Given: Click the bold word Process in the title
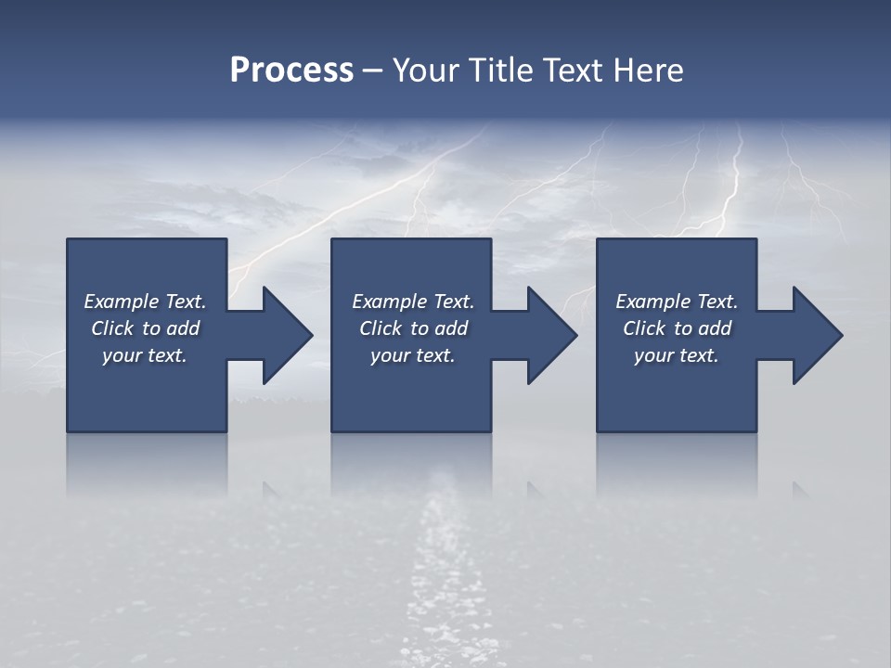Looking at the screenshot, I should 291,71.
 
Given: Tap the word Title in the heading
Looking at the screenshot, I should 501,71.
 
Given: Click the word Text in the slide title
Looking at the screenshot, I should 574,71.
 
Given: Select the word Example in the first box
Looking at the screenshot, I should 121,302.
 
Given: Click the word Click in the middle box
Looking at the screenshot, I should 380,328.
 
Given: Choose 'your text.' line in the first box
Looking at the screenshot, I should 145,355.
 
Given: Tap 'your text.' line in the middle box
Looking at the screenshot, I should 412,355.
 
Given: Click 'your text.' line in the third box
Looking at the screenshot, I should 677,355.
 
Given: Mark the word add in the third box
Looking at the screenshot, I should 715,328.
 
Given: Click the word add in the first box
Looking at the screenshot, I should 183,328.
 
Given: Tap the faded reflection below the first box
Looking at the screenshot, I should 147,464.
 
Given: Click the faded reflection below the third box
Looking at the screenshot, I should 677,464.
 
